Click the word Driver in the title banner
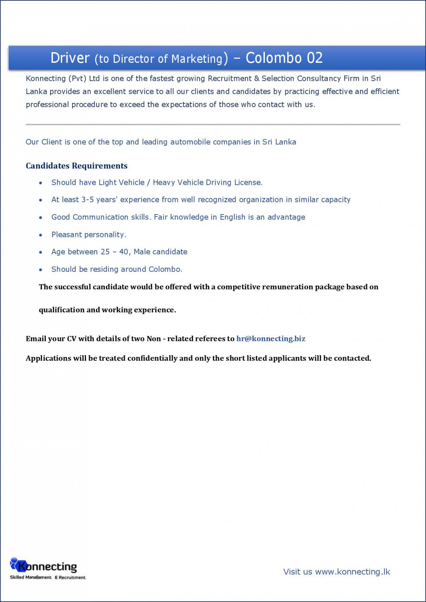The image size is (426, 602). pyautogui.click(x=70, y=58)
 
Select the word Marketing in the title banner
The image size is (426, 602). pyautogui.click(x=197, y=59)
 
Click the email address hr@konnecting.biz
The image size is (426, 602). pyautogui.click(x=271, y=339)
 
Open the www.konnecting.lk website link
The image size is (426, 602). pyautogui.click(x=353, y=572)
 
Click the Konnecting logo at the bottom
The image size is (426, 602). pyautogui.click(x=44, y=566)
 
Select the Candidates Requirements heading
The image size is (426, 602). pyautogui.click(x=76, y=166)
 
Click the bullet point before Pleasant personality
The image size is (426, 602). pyautogui.click(x=41, y=235)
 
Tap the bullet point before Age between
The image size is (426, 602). pyautogui.click(x=41, y=252)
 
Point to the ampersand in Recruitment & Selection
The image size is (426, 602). pyautogui.click(x=257, y=78)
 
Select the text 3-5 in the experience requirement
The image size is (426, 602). pyautogui.click(x=88, y=200)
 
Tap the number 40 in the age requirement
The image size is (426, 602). pyautogui.click(x=124, y=252)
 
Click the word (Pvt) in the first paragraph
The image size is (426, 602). pyautogui.click(x=77, y=78)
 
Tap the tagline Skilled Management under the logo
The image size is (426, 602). pyautogui.click(x=31, y=578)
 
